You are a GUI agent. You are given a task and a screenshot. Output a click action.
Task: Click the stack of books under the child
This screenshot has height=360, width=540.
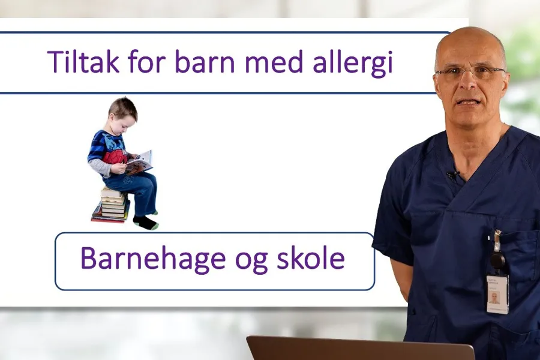click(112, 205)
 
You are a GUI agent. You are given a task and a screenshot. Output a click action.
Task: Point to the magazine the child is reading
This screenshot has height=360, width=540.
click(139, 162)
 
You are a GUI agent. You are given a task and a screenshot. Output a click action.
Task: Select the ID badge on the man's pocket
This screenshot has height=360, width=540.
click(497, 294)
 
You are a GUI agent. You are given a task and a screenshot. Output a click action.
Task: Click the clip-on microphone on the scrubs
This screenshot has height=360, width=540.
click(452, 175)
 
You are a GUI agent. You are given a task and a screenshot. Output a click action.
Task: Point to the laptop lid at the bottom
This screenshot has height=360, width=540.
click(360, 349)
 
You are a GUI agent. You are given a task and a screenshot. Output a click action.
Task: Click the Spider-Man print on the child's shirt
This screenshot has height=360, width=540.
click(114, 157)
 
